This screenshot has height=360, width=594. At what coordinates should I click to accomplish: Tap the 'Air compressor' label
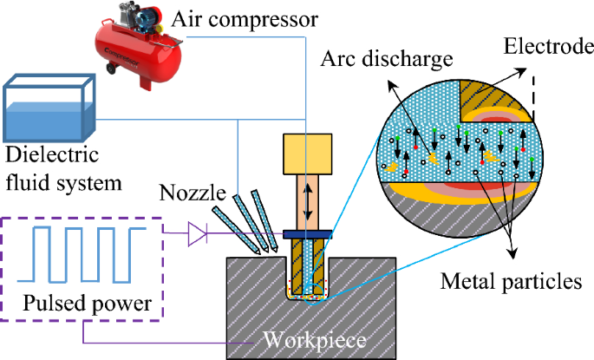click(245, 16)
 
